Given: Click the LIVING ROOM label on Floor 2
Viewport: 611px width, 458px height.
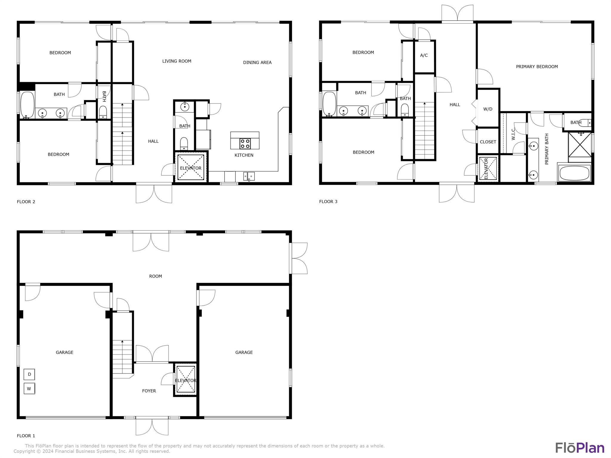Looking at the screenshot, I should tap(177, 61).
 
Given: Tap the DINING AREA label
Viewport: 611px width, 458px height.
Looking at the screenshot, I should tap(257, 62).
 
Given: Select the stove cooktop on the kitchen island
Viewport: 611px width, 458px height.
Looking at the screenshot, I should tap(245, 144).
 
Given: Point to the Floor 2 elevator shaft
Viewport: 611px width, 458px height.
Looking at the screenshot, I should tap(191, 167).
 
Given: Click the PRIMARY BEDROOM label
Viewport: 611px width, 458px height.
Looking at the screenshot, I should tap(537, 66).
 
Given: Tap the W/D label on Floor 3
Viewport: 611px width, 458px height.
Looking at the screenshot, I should tap(488, 109).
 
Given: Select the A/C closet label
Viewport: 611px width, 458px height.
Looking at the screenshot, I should tap(424, 55).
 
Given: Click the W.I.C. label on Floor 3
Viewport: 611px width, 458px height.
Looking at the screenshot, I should tap(513, 134).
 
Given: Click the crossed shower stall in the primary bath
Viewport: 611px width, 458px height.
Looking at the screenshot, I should tap(580, 144).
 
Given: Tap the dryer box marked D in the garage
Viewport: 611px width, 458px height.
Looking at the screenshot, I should tap(29, 374).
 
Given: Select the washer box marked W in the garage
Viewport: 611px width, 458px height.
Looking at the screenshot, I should tap(29, 389).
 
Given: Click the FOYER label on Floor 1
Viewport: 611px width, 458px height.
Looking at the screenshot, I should tap(149, 391).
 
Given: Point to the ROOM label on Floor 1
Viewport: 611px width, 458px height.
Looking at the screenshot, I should tap(155, 276).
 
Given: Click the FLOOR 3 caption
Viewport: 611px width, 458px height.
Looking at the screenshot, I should tap(328, 202).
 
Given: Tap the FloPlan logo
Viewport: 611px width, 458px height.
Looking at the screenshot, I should tap(580, 448).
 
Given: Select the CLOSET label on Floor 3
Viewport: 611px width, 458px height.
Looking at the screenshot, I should tap(488, 142).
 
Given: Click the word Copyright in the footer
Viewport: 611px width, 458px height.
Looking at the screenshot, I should tap(25, 451).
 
